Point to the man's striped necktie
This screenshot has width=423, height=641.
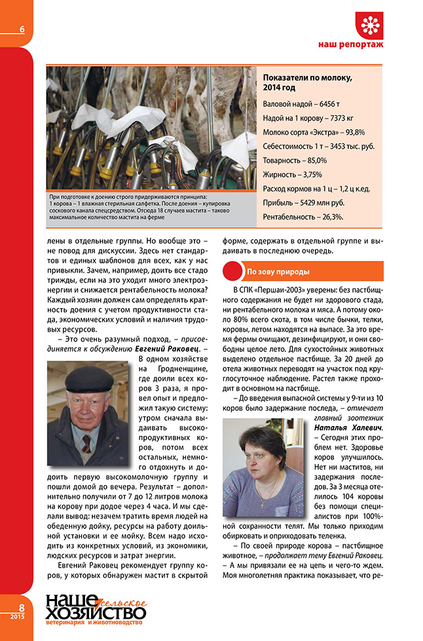pos(86,443)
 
